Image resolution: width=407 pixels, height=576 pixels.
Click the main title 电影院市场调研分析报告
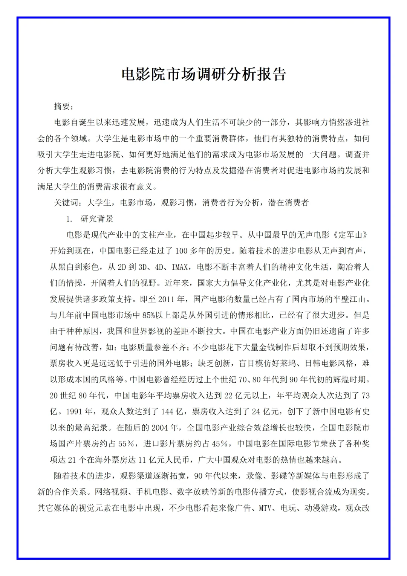pos(203,74)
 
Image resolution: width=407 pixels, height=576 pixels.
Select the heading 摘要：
pos(64,107)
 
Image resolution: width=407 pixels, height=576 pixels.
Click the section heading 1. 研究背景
pos(90,219)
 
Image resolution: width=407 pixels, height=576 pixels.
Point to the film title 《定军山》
pos(350,235)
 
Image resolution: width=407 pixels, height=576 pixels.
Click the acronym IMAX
pos(180,267)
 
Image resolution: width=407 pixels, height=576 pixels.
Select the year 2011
pos(166,299)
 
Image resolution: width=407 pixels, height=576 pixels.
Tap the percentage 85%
pos(148,315)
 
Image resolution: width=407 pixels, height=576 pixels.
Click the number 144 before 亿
pos(167,411)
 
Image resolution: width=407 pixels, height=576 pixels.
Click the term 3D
pos(142,267)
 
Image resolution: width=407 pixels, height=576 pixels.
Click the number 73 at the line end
pos(365,396)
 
